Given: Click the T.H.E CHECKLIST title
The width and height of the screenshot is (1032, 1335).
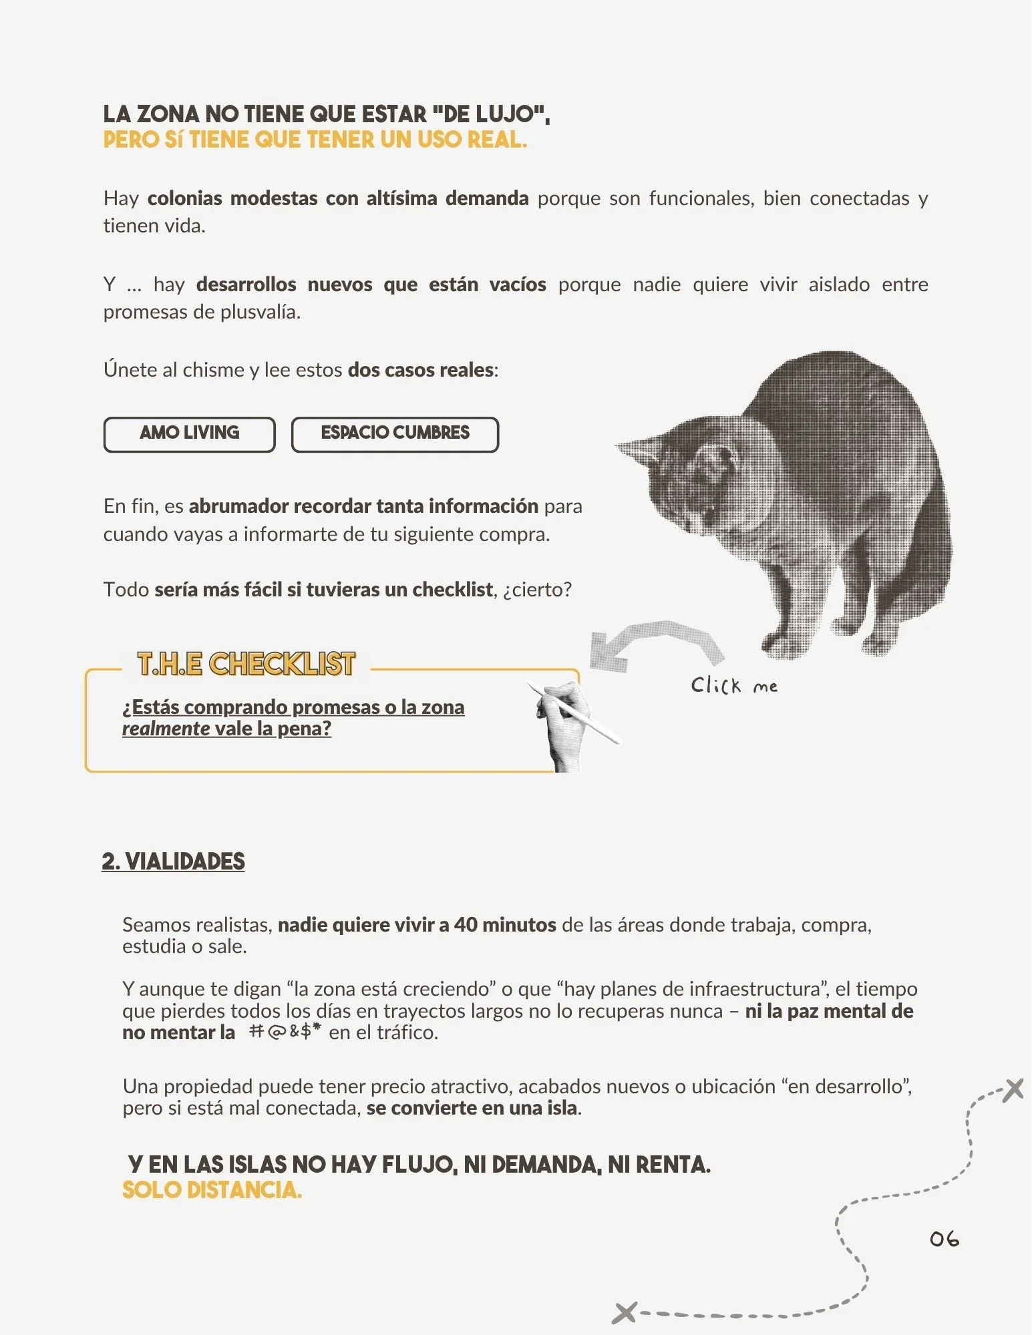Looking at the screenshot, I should tap(246, 664).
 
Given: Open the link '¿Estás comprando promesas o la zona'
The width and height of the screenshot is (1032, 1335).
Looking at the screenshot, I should tap(293, 707).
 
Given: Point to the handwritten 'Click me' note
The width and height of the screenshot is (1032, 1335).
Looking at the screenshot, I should tap(734, 685).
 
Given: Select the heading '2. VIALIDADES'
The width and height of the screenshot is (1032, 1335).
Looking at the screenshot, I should tap(173, 862).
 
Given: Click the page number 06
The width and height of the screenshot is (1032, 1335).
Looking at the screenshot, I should tap(944, 1239).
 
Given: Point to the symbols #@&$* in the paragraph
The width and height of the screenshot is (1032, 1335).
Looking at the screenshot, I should tap(285, 1032).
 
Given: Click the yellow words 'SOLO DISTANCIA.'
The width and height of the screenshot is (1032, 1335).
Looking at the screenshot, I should tap(212, 1190).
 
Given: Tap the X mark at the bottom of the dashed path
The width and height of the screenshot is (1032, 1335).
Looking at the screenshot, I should tap(624, 1312).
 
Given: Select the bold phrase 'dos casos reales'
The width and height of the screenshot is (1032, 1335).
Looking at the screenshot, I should tap(421, 370).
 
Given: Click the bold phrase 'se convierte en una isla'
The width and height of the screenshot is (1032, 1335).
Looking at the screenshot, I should tap(472, 1108).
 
